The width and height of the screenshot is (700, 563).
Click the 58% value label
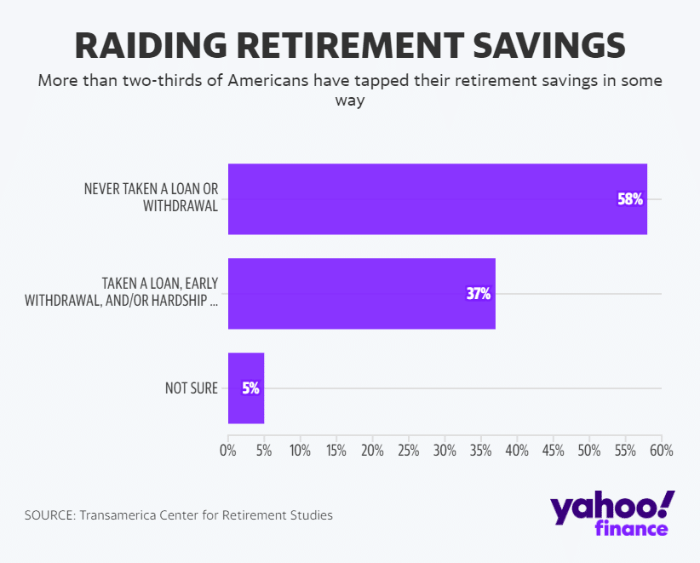click(629, 199)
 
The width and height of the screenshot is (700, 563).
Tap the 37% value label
click(479, 294)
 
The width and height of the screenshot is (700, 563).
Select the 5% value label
click(250, 388)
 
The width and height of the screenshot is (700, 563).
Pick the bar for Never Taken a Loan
click(426, 199)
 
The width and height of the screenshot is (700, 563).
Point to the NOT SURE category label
click(192, 388)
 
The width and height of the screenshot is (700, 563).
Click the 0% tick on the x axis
click(228, 450)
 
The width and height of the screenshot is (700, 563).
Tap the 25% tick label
click(409, 450)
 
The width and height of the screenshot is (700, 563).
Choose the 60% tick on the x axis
click(661, 450)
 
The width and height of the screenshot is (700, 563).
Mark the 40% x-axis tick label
click(517, 450)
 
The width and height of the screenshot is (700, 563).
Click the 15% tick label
click(336, 450)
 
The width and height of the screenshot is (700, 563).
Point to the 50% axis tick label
click(589, 450)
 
